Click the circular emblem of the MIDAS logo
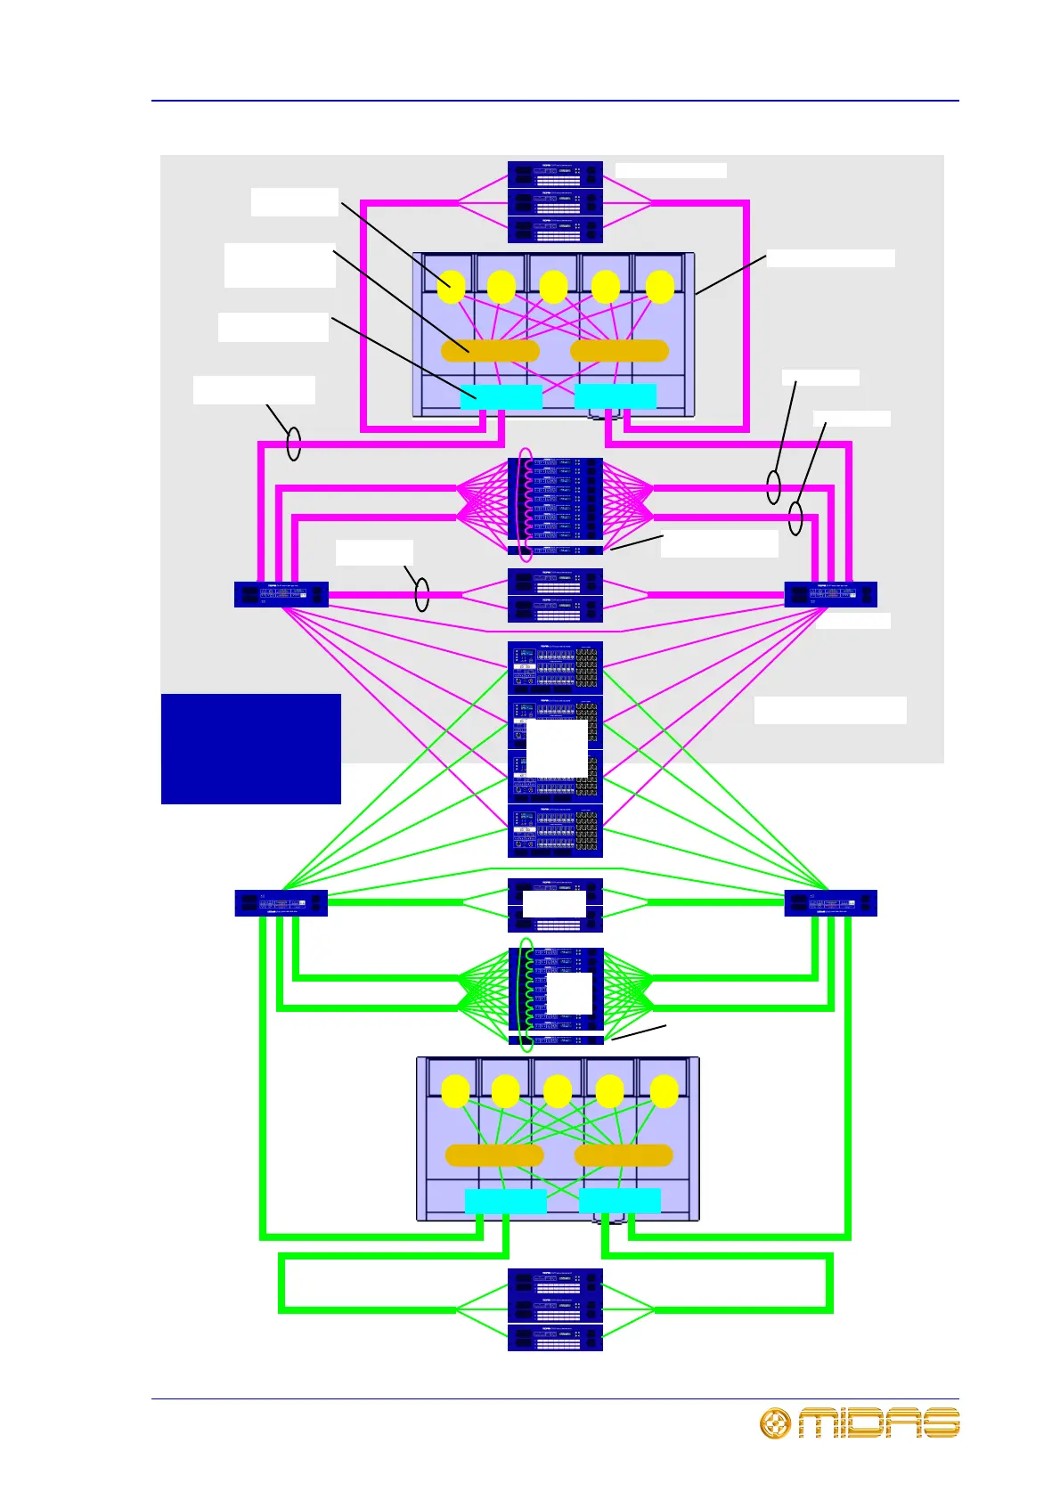(x=775, y=1423)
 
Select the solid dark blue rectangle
(x=251, y=748)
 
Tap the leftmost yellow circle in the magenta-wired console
(x=452, y=287)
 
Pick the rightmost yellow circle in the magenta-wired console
(x=660, y=287)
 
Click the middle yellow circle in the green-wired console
(x=558, y=1091)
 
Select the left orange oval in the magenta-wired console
(x=490, y=351)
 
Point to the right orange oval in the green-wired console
(x=624, y=1155)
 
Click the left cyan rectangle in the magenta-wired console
(x=501, y=397)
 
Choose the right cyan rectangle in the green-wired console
(x=620, y=1201)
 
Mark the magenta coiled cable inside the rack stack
(x=527, y=505)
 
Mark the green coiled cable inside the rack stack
(x=527, y=994)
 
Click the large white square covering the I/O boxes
(x=557, y=748)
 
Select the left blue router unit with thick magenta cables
(x=281, y=594)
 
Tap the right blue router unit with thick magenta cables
(x=830, y=594)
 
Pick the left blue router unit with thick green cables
(x=281, y=902)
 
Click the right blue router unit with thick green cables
(x=830, y=902)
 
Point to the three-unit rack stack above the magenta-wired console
(x=555, y=202)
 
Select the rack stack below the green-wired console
(x=555, y=1309)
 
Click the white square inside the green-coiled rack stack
(x=569, y=993)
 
